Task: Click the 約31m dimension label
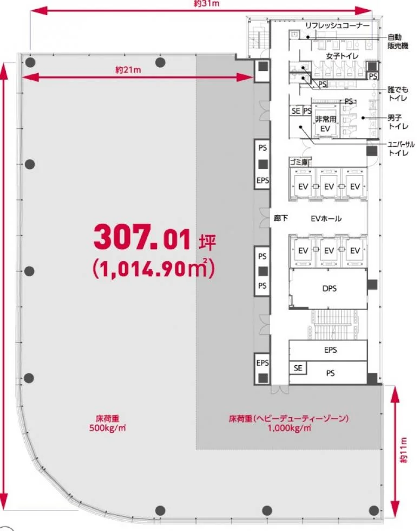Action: click(x=207, y=3)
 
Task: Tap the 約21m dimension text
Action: click(x=128, y=70)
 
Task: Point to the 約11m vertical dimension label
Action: click(x=403, y=450)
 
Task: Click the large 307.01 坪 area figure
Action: click(x=155, y=238)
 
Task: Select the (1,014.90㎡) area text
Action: click(x=154, y=268)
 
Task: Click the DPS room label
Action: click(x=330, y=288)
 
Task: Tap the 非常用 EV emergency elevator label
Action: click(x=325, y=124)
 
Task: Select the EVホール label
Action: click(x=326, y=218)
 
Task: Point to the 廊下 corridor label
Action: click(x=281, y=218)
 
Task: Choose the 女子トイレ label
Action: click(x=342, y=56)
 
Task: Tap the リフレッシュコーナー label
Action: click(x=337, y=25)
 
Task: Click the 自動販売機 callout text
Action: click(x=398, y=41)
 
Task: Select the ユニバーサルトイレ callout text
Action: click(x=401, y=148)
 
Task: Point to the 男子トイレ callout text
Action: click(x=398, y=122)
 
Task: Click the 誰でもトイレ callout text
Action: click(x=398, y=94)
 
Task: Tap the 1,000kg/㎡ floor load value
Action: click(x=289, y=428)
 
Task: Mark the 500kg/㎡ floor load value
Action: click(x=108, y=428)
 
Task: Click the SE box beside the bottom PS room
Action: click(x=298, y=368)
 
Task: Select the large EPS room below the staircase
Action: click(x=328, y=350)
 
